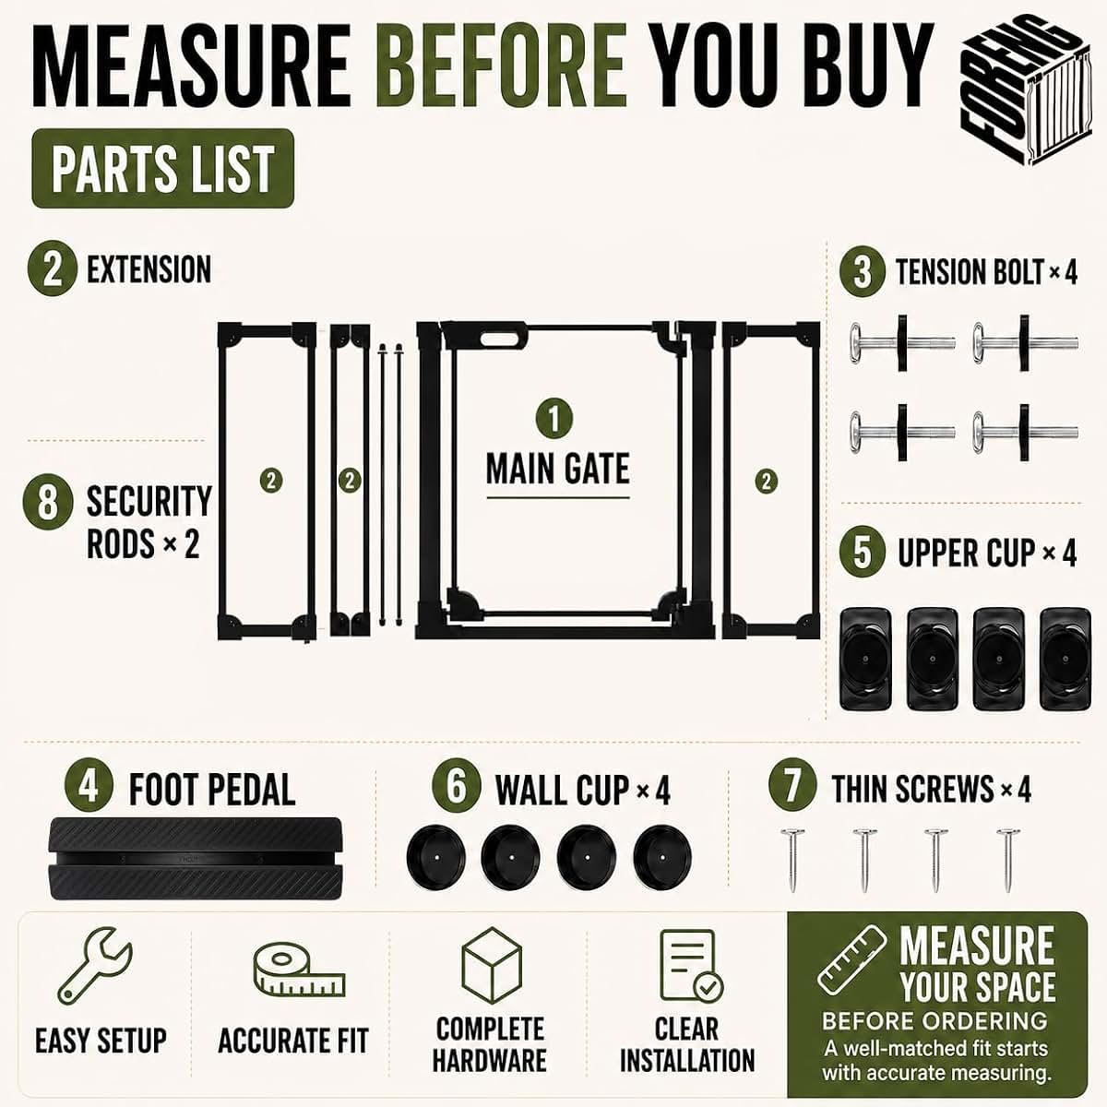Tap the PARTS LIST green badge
(x=163, y=168)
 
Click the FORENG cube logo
(x=1026, y=90)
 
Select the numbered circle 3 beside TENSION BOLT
(x=863, y=272)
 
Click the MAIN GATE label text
(x=558, y=469)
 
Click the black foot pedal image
(x=196, y=858)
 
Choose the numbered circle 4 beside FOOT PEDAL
(x=88, y=787)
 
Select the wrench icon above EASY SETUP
(x=95, y=965)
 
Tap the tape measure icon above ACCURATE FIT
(x=299, y=970)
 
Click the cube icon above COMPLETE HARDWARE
(x=492, y=966)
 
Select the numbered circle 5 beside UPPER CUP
(x=863, y=552)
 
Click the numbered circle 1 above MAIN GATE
(x=554, y=418)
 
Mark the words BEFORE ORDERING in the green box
(x=935, y=1020)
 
